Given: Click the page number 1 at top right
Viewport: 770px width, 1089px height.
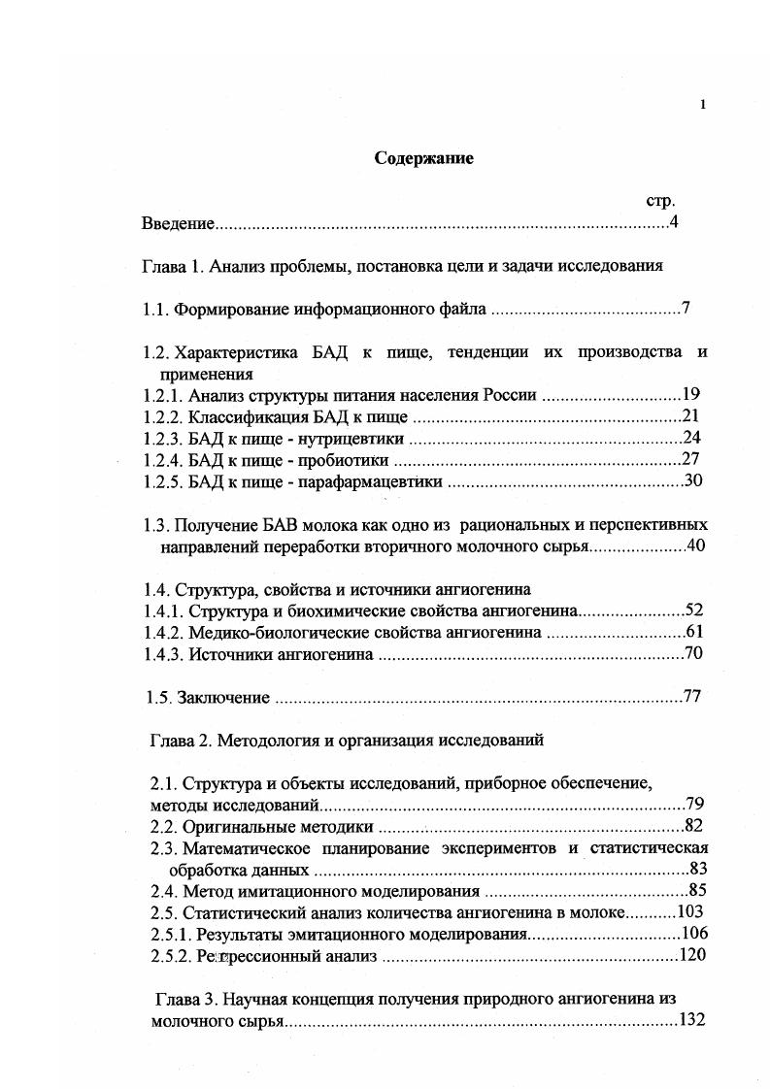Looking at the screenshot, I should [702, 105].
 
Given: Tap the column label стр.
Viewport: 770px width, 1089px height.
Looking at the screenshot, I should [660, 200].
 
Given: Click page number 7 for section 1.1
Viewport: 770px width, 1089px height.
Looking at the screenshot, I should [686, 310].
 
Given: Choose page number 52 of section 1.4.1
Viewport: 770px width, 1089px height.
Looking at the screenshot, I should [693, 610].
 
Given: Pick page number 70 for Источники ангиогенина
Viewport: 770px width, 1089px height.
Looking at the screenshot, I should [693, 654].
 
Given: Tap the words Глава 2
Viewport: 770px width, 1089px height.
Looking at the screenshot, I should [180, 740].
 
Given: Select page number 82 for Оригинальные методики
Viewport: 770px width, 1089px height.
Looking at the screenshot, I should [693, 826].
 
